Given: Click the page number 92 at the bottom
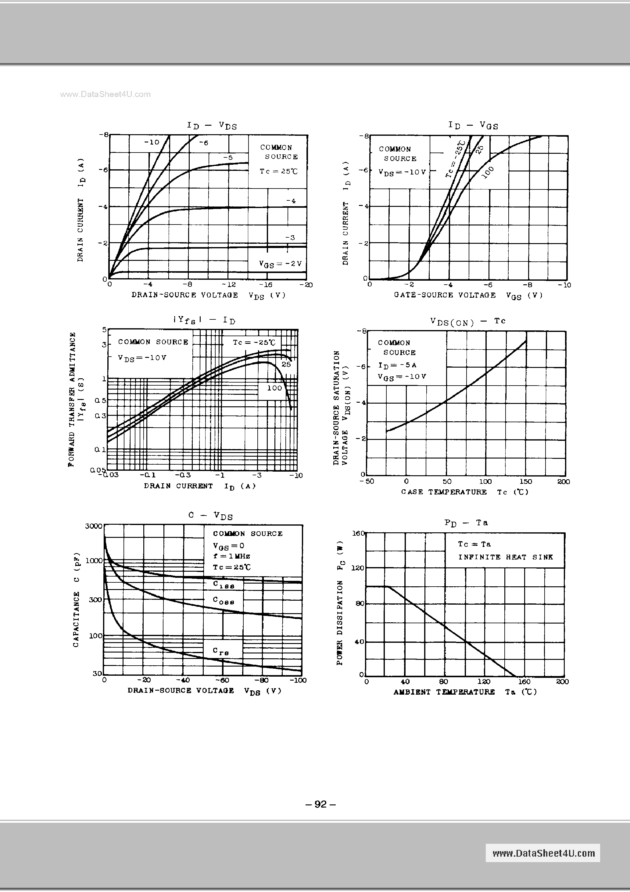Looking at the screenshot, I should pos(320,804).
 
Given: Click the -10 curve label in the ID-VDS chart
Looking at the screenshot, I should pos(152,142).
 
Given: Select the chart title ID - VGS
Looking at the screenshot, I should pos(473,125).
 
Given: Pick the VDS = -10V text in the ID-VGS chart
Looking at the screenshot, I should pos(402,172).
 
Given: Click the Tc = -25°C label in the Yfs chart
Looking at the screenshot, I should pos(254,342).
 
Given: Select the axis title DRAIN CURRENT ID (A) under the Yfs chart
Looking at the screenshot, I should pos(200,486).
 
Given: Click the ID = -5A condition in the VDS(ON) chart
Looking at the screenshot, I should pos(397,365).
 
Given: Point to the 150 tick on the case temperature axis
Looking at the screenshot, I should pos(525,481).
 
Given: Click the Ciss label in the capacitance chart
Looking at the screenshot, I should pos(223,584).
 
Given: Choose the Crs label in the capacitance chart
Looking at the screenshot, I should pos(220,651).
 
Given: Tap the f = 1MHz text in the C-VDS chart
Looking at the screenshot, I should pos(231,556).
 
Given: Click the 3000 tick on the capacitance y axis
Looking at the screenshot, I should pos(93,526).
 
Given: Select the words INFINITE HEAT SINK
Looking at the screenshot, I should pos(505,557).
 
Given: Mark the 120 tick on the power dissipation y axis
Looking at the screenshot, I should pos(357,568).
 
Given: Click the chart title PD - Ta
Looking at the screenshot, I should pos(466,523).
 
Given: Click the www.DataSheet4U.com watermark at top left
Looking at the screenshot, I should pos(105,94).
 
